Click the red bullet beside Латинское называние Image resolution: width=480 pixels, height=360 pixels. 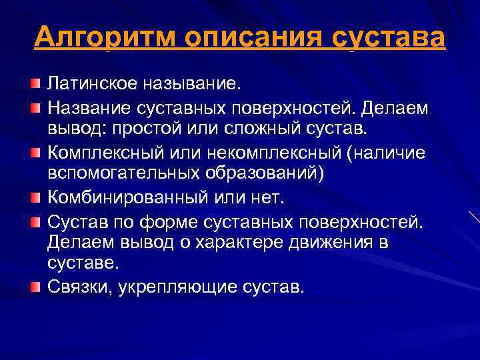[35, 84]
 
